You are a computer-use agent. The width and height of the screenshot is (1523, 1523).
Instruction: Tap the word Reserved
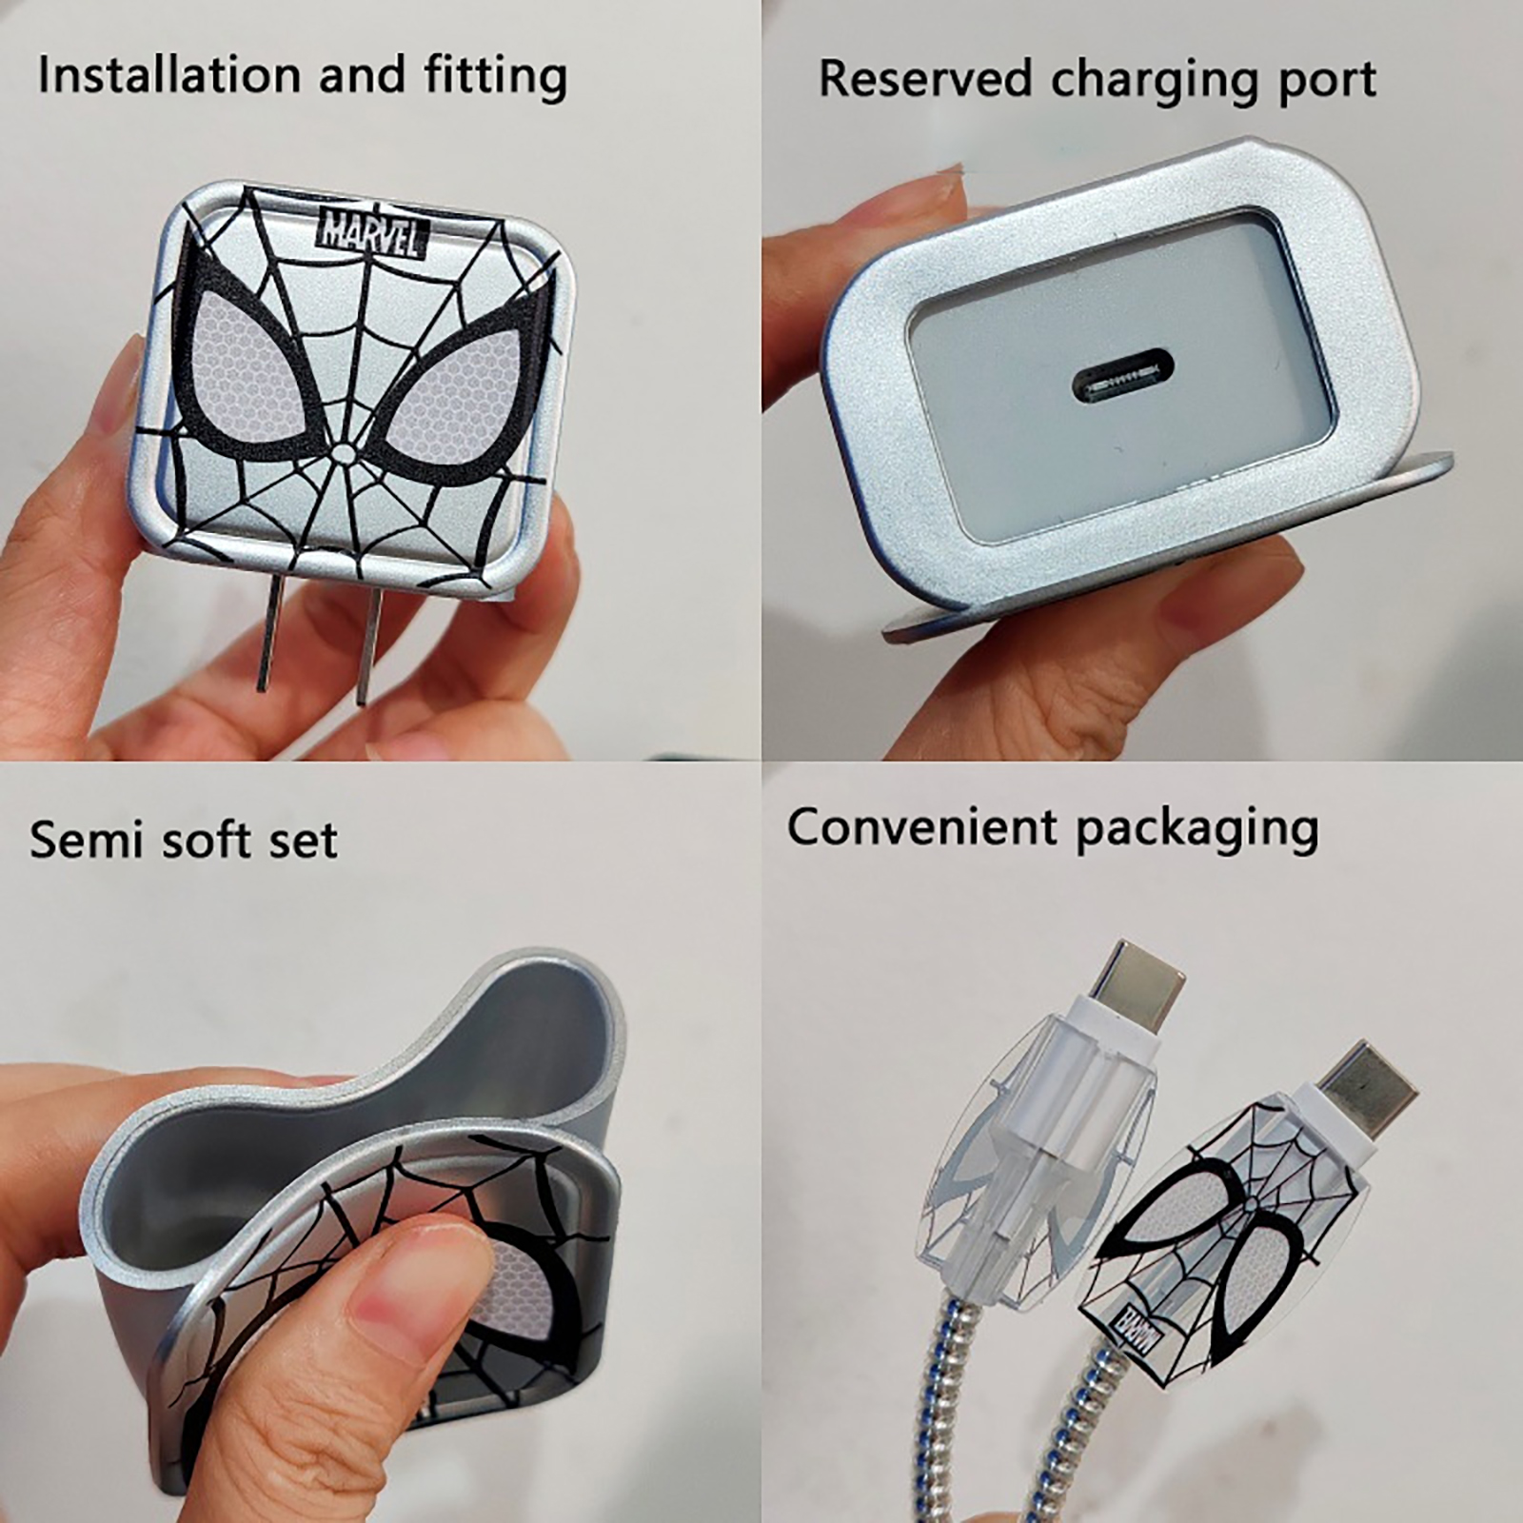point(925,78)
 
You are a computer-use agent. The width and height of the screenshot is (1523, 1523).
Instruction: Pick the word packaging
point(1197,830)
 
